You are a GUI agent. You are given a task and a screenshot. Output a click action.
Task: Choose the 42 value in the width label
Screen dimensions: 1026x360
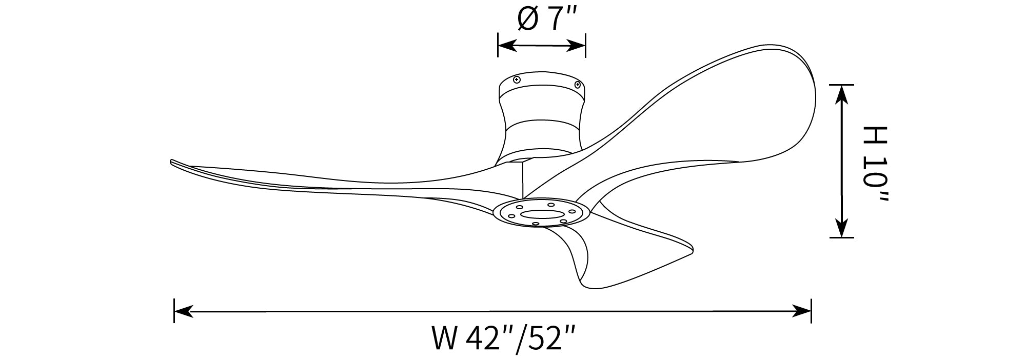(482, 339)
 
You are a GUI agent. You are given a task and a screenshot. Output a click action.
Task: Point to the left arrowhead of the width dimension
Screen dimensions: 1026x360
(184, 311)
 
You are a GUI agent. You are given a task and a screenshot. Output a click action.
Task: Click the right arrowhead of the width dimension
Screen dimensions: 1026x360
(802, 311)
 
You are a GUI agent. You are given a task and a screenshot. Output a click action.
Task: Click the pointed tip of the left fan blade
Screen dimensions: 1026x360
(171, 162)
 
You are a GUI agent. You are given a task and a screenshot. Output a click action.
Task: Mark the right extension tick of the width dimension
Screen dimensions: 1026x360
(811, 311)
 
